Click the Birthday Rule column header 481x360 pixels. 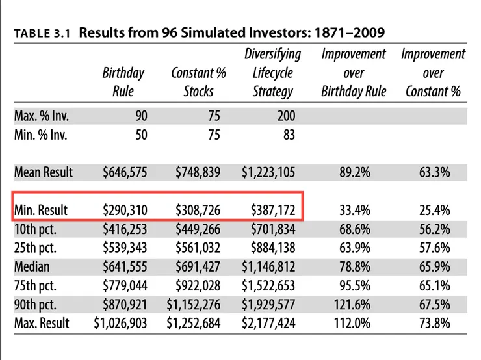[x=123, y=82]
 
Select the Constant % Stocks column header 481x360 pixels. [x=198, y=82]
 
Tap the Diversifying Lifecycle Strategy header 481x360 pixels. [x=272, y=72]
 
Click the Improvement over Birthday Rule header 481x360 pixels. [x=354, y=72]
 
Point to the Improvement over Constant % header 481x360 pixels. [x=433, y=72]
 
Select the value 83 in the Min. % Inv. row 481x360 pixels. [x=289, y=135]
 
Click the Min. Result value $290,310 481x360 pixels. [x=125, y=211]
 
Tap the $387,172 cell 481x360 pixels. [x=273, y=211]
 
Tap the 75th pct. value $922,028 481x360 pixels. [x=198, y=285]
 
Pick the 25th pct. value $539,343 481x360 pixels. [x=125, y=248]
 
